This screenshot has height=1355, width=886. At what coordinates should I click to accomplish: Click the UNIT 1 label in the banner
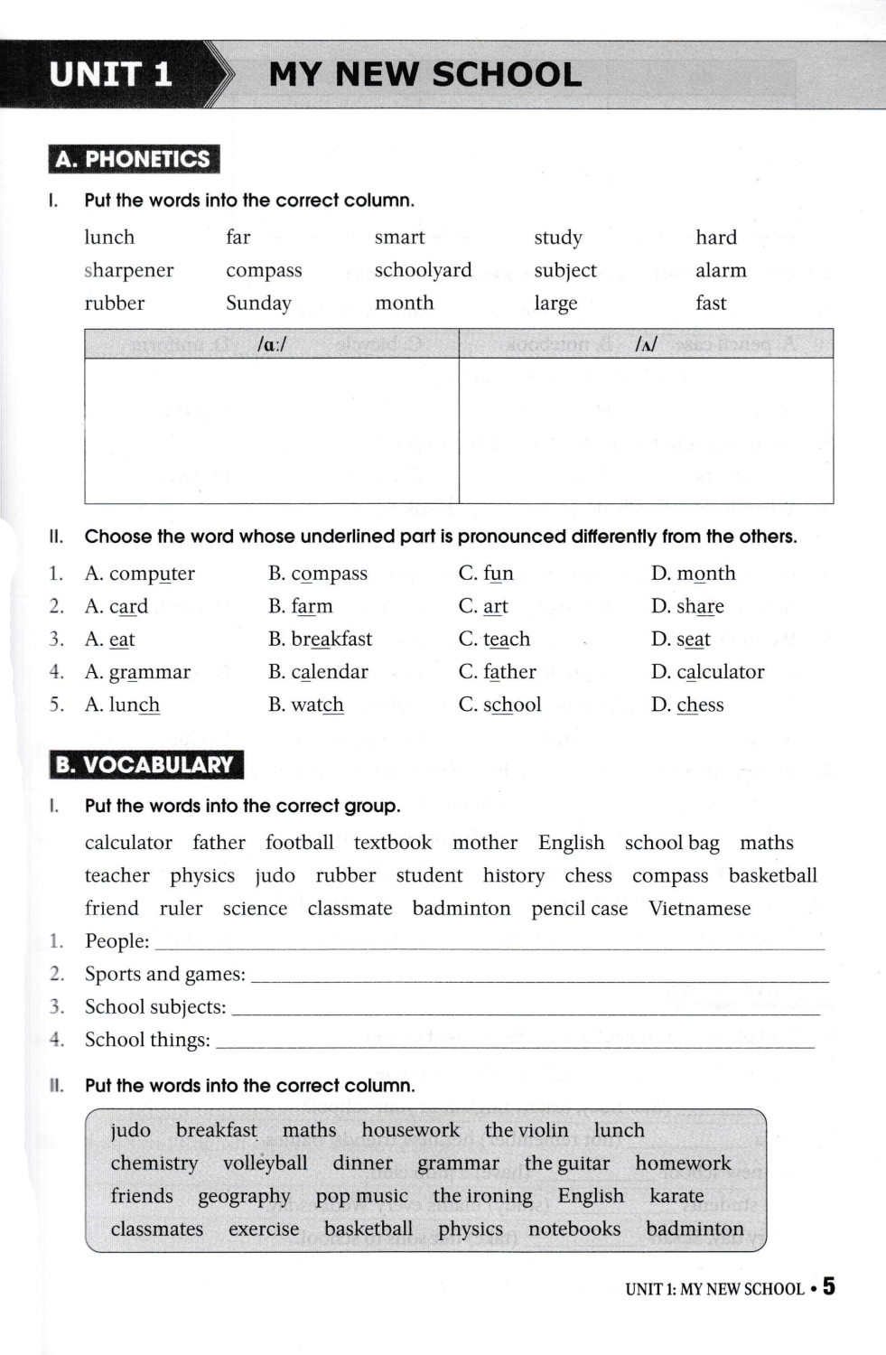pyautogui.click(x=110, y=74)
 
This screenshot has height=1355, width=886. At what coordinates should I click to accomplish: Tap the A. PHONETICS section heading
pyautogui.click(x=134, y=159)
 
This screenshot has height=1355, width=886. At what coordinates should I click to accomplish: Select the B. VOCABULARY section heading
pyautogui.click(x=145, y=765)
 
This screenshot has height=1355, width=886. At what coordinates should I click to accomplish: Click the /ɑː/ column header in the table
pyautogui.click(x=272, y=344)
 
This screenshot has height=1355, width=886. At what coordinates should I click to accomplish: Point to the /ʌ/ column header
pyautogui.click(x=646, y=344)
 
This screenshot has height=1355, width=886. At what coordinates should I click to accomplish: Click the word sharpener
pyautogui.click(x=129, y=270)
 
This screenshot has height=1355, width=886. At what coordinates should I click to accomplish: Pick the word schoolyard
pyautogui.click(x=423, y=270)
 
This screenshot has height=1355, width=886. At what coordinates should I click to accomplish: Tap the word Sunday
pyautogui.click(x=258, y=304)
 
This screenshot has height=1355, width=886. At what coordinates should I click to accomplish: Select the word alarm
pyautogui.click(x=721, y=270)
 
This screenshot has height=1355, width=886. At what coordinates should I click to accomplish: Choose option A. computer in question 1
pyautogui.click(x=140, y=574)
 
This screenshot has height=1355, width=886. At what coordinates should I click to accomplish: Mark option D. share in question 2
pyautogui.click(x=687, y=606)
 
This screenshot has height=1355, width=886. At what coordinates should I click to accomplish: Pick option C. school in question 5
pyautogui.click(x=499, y=705)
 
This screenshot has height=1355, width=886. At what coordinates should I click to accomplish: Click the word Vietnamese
pyautogui.click(x=699, y=909)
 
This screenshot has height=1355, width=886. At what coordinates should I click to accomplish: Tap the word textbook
pyautogui.click(x=393, y=843)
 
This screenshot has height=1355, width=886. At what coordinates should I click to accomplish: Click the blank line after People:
pyautogui.click(x=490, y=943)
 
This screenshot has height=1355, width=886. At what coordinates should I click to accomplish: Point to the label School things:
pyautogui.click(x=147, y=1040)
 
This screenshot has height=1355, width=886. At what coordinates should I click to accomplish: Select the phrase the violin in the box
pyautogui.click(x=527, y=1131)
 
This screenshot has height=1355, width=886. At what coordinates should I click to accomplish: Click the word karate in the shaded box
pyautogui.click(x=676, y=1196)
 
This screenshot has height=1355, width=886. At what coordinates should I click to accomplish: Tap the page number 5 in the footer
pyautogui.click(x=829, y=1286)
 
